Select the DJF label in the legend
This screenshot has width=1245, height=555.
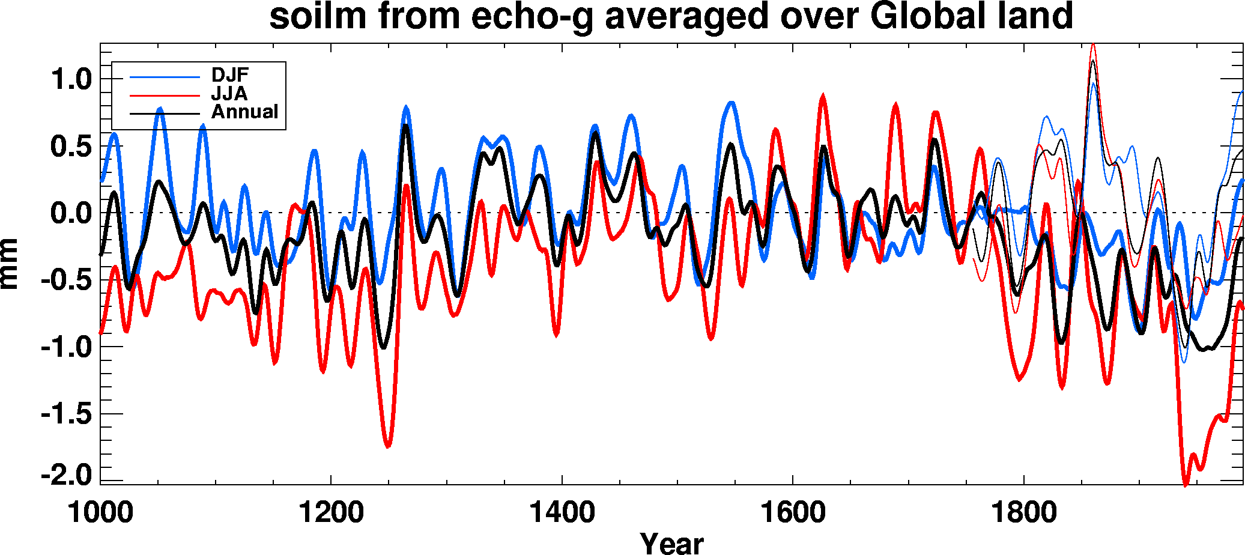[x=229, y=75]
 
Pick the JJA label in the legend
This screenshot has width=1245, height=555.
[x=229, y=94]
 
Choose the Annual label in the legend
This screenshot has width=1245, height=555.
[x=244, y=112]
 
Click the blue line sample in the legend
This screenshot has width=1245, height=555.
[x=165, y=77]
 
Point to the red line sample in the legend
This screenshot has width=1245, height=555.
[x=165, y=95]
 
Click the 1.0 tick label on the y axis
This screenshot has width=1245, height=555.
[x=70, y=79]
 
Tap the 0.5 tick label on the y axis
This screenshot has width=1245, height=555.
[x=70, y=147]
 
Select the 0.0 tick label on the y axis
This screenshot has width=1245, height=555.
[x=70, y=213]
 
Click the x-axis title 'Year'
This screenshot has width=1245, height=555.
[x=671, y=543]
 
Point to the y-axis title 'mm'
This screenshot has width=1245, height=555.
[x=10, y=264]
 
